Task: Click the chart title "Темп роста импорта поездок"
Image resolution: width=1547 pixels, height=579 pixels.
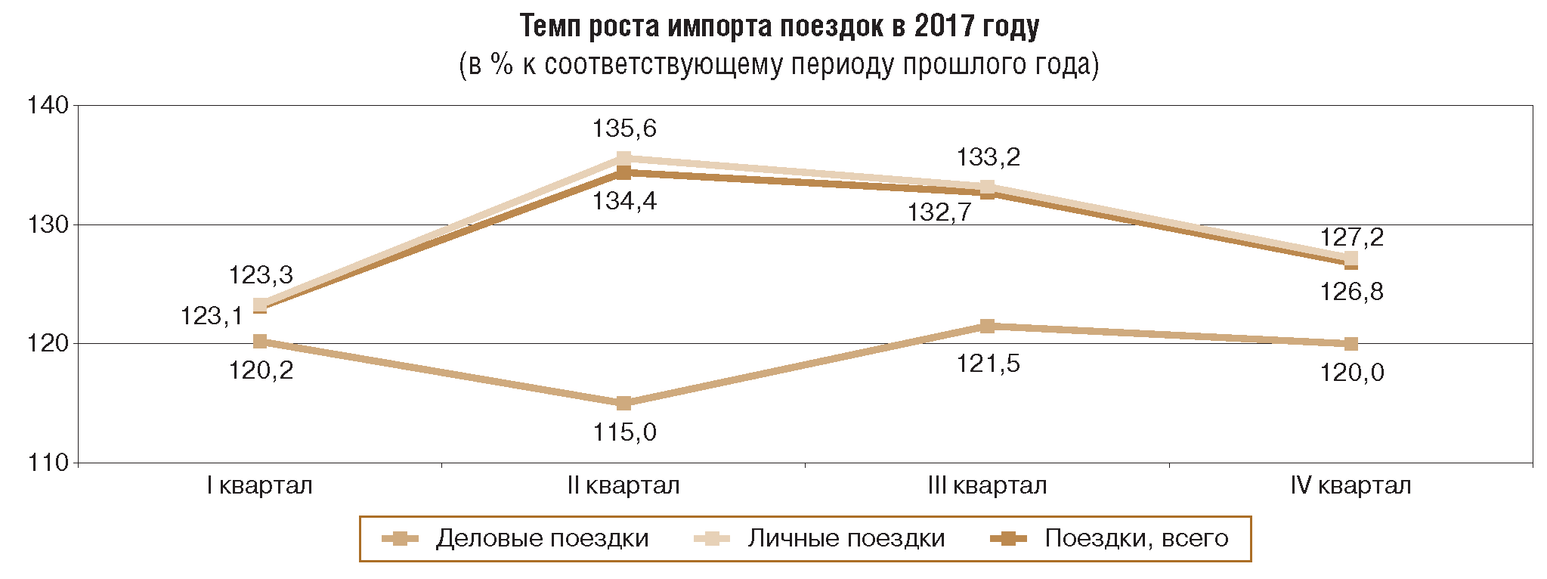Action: (779, 26)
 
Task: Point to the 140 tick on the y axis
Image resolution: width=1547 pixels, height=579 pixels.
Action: (48, 105)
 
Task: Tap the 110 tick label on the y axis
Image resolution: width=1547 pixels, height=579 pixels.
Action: (48, 463)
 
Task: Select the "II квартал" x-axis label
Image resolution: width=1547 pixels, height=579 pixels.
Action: (623, 485)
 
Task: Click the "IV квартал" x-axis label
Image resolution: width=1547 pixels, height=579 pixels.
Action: (1351, 485)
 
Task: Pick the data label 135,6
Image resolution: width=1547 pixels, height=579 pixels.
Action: (624, 128)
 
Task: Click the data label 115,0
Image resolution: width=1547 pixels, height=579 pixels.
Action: (624, 432)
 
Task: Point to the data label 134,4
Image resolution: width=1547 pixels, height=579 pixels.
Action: (624, 201)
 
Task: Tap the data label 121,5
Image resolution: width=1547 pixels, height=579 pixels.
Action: (988, 364)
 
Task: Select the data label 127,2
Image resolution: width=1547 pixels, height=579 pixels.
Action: (1352, 237)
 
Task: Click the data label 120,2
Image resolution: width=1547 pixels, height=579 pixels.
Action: (261, 370)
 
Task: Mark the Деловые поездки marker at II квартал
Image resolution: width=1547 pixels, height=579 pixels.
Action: (623, 403)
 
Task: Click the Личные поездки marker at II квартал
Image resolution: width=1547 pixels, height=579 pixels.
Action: (623, 159)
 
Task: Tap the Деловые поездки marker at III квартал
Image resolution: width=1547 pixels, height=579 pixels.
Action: (987, 326)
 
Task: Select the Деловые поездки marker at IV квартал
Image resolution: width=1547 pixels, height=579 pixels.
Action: (1351, 344)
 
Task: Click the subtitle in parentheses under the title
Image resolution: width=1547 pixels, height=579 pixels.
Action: (779, 65)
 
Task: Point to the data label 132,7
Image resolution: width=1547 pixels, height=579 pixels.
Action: (939, 212)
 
